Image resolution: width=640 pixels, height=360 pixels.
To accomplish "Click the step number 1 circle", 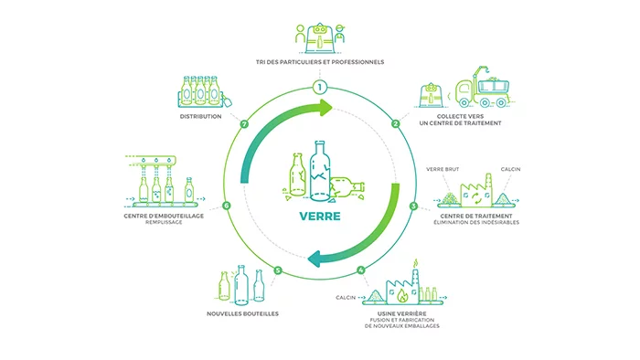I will (x=319, y=87).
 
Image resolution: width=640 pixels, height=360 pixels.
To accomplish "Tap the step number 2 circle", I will (x=395, y=123).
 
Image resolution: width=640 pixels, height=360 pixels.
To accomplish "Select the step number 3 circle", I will (x=413, y=206).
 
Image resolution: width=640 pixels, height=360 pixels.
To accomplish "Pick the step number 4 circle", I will (x=361, y=270).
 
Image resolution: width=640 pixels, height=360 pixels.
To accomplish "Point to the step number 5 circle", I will (x=277, y=270).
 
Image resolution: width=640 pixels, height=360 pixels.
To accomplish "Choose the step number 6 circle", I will (x=226, y=206).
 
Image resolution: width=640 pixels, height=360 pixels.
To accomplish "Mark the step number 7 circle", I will (x=244, y=123).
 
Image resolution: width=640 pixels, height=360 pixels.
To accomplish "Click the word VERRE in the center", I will (x=319, y=218).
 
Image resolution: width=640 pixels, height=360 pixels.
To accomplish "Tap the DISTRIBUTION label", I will (x=201, y=117).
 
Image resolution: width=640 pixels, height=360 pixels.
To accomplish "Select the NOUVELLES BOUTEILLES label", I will (x=243, y=313).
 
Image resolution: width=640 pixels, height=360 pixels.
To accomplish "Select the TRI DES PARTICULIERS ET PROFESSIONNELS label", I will (x=319, y=62).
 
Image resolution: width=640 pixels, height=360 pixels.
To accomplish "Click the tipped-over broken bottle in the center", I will (x=347, y=187).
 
